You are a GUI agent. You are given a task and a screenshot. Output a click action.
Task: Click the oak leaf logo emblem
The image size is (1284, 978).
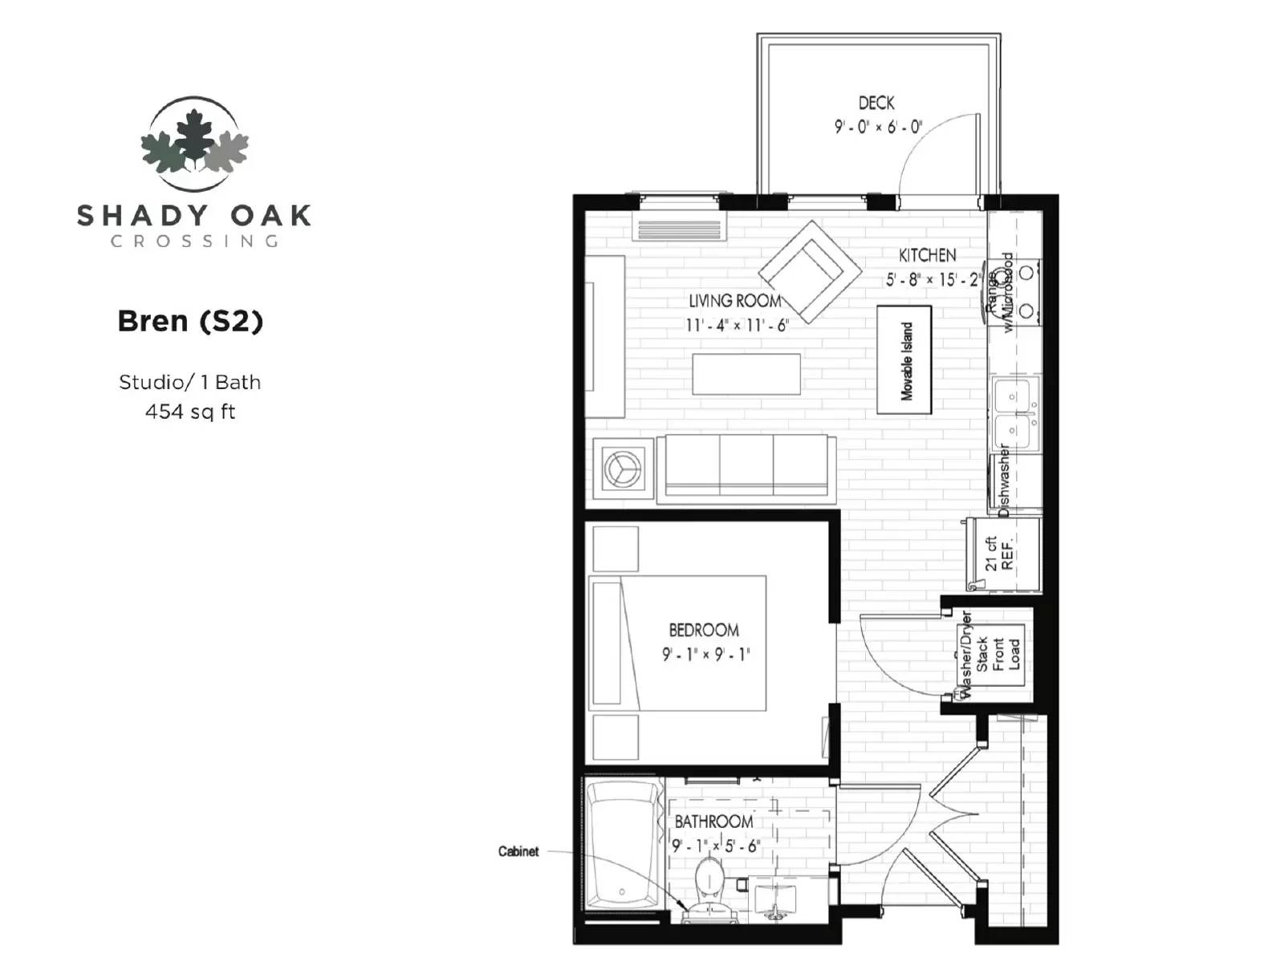coord(193,144)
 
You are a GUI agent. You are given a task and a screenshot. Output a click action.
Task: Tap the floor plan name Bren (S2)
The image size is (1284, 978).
coord(190,321)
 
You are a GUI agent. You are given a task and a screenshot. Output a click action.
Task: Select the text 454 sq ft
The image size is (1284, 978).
coord(190,412)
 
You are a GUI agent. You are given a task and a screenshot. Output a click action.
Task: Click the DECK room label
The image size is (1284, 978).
coord(876,103)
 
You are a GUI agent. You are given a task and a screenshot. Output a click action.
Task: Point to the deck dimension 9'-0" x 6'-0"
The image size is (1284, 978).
coord(878,127)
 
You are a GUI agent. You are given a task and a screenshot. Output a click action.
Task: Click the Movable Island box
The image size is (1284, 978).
coord(904,359)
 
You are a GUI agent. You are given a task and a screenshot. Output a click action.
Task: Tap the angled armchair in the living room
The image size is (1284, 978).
coord(810,271)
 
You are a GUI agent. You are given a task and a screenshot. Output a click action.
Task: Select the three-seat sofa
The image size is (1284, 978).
coord(746,469)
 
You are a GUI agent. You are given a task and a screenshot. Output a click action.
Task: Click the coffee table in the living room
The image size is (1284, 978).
coord(746,374)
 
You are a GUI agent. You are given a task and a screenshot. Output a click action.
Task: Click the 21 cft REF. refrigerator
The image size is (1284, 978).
coord(1003,554)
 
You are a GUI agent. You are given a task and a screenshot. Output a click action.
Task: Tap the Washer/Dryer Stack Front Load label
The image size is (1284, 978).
coord(989,654)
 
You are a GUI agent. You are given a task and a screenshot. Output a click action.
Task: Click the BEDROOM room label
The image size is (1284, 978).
coord(704,630)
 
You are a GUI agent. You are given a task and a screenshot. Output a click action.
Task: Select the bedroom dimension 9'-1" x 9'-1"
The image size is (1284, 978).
coord(705,655)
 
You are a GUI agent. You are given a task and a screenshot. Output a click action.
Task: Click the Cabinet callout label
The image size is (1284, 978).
coord(518,851)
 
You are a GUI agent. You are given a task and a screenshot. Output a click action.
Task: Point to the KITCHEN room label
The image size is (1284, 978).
coord(927,255)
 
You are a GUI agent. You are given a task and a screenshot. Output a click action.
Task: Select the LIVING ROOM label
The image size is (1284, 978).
coord(734,301)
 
